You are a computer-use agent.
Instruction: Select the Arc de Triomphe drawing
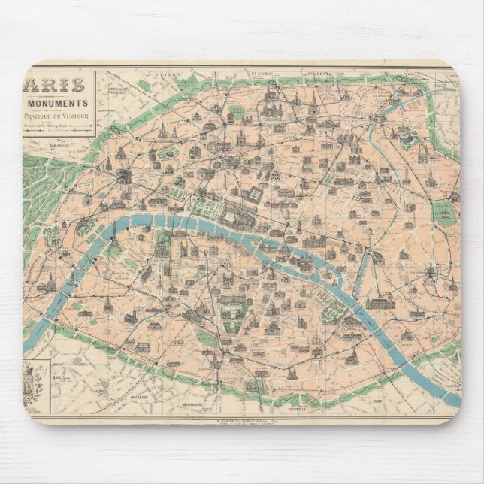click(x=121, y=175)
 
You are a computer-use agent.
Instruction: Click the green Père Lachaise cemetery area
click(x=446, y=213)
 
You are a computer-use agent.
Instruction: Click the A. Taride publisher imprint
click(x=248, y=422)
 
